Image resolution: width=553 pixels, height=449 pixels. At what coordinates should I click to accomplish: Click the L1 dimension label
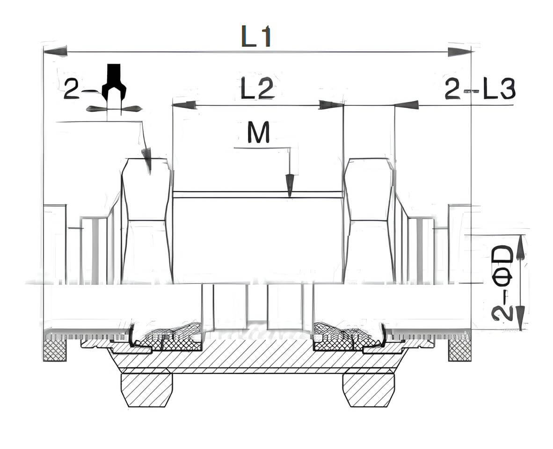tap(256, 36)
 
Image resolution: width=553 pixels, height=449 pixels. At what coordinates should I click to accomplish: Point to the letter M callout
tap(259, 132)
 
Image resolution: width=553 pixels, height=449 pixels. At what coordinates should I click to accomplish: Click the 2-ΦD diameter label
tap(502, 284)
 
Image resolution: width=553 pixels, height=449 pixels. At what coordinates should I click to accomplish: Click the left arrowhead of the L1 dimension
tap(55, 51)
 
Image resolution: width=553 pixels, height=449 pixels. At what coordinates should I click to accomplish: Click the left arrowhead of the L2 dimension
tap(184, 105)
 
